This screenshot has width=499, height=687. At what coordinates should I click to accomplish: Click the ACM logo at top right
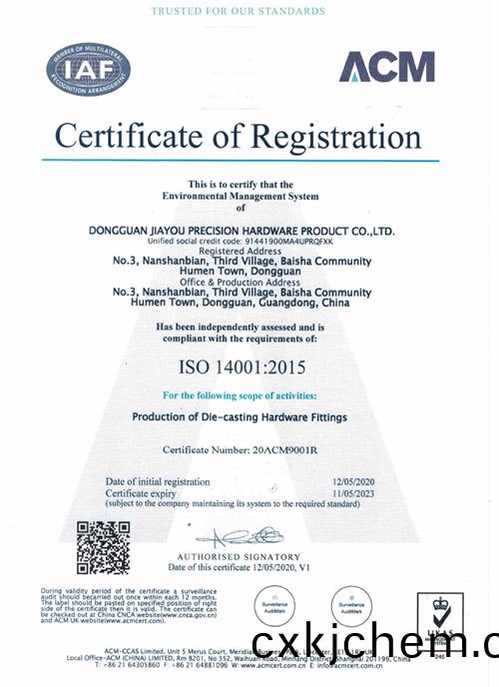click(386, 67)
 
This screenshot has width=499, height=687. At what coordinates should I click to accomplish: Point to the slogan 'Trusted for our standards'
click(238, 11)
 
